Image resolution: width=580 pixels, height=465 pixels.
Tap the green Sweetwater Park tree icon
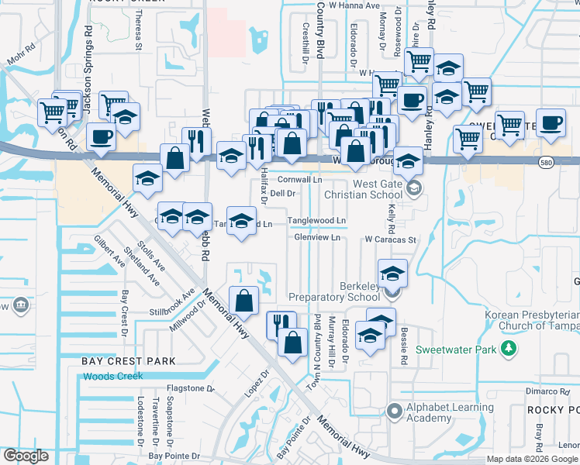[509, 350]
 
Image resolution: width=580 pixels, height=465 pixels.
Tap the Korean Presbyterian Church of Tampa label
[532, 321]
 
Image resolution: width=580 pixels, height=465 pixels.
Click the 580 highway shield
[547, 160]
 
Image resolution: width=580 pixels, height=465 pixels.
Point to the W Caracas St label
[391, 240]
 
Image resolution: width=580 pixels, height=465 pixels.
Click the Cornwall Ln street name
[301, 179]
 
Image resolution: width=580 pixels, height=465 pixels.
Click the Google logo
[26, 456]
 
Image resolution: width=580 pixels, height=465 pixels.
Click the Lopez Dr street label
[257, 383]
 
